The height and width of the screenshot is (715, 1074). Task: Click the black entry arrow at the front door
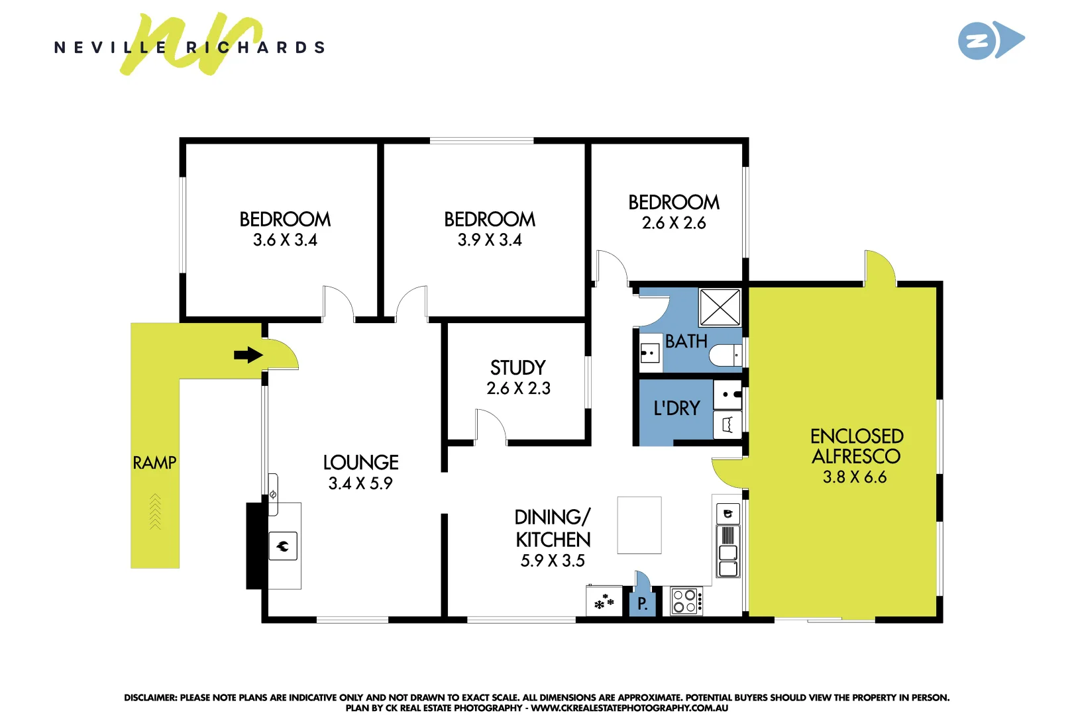click(248, 355)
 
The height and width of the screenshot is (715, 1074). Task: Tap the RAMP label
click(154, 463)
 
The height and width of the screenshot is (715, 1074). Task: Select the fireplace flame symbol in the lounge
click(283, 546)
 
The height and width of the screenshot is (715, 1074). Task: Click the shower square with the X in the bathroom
click(720, 307)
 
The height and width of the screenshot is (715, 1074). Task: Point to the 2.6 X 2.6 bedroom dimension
click(674, 223)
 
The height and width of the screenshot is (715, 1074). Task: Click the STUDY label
click(517, 367)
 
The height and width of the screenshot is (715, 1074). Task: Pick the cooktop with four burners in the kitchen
click(685, 601)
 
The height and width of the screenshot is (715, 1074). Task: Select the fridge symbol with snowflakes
click(604, 602)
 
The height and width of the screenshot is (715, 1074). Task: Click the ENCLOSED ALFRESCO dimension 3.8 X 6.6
click(854, 477)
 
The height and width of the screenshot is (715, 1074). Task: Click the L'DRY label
click(676, 408)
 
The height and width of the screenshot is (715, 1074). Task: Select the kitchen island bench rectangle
click(639, 525)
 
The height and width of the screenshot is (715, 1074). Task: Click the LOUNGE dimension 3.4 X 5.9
click(360, 483)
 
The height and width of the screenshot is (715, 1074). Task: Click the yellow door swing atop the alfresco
click(880, 268)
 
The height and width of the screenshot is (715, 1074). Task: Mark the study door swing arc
click(491, 425)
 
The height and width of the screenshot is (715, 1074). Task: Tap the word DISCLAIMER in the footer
click(150, 697)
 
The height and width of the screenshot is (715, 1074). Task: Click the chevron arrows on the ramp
click(155, 512)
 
